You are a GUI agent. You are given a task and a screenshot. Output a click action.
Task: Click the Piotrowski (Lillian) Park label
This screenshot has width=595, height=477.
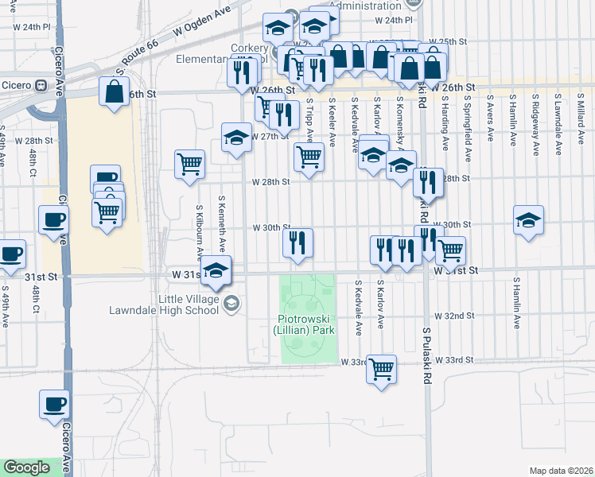point(302,324)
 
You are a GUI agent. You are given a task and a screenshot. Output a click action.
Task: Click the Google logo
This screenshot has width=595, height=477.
point(27,467)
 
